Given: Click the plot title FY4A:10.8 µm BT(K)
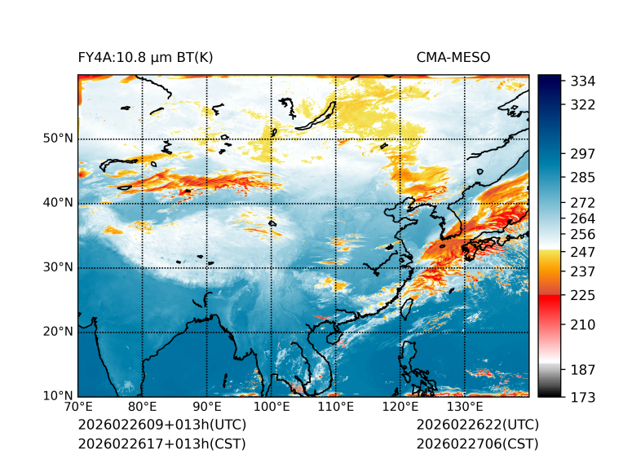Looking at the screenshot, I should pyautogui.click(x=145, y=58).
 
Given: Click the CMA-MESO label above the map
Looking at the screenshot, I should pyautogui.click(x=453, y=58).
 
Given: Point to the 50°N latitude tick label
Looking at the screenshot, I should pyautogui.click(x=58, y=139).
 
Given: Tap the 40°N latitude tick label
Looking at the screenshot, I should pyautogui.click(x=58, y=203).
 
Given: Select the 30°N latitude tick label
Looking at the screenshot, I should pyautogui.click(x=58, y=267).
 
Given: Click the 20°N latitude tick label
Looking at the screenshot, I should pyautogui.click(x=58, y=332).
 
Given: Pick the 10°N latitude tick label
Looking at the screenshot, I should pyautogui.click(x=58, y=396).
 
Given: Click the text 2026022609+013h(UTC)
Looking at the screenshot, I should pyautogui.click(x=161, y=425).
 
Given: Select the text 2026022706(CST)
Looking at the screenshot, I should pyautogui.click(x=477, y=444).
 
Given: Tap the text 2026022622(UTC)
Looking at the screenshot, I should pyautogui.click(x=477, y=425).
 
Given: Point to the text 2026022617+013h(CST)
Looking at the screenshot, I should pyautogui.click(x=161, y=444).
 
